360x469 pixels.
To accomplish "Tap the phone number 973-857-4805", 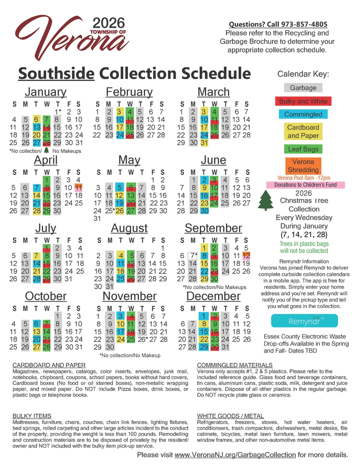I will point(301,24).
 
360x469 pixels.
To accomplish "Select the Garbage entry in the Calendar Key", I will point(303,88).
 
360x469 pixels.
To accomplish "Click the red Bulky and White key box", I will point(303,101).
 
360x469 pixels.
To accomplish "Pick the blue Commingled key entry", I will point(303,114).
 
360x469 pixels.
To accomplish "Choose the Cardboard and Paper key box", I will point(303,132).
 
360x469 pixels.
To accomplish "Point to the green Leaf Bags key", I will point(303,150).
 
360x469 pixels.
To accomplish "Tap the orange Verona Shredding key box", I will point(303,166).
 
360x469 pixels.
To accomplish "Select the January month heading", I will point(45,92).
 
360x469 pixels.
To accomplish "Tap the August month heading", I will point(129,228).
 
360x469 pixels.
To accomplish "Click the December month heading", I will point(213,296).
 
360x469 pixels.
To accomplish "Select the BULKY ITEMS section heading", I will point(31,416).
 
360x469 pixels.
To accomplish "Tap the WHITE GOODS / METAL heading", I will point(231,416).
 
